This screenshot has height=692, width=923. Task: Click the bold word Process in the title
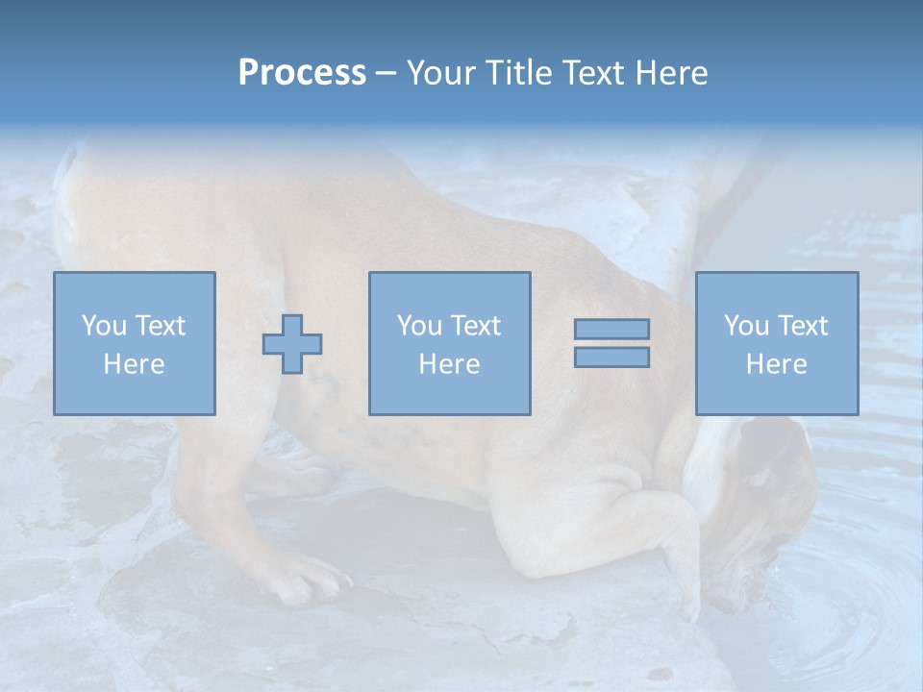pos(302,73)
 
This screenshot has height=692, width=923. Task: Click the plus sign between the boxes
pos(292,344)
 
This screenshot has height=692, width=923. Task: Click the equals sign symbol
pos(611,343)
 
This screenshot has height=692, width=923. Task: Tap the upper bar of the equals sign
pos(611,329)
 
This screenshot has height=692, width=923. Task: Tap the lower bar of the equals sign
pos(611,358)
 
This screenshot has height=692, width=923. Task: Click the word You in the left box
pos(103,326)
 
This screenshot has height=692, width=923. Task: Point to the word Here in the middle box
pos(449,364)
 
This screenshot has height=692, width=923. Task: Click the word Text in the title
pos(588,73)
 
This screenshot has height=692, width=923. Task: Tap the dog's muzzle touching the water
pos(746,586)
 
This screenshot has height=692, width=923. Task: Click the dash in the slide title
pos(386,73)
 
